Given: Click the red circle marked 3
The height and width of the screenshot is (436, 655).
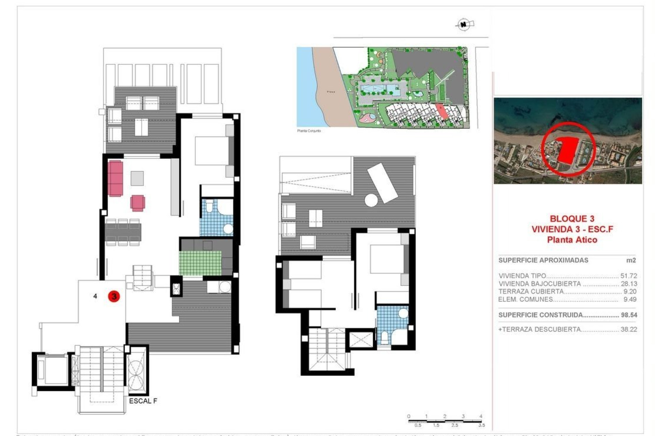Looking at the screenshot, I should (114, 296).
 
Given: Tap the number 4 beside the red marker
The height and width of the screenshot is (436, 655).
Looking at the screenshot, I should (95, 296).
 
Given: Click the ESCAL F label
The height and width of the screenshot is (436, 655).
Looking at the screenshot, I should (143, 401).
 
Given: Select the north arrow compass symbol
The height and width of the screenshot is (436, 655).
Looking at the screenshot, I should (464, 25).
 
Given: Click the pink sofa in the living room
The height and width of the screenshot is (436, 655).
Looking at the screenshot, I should (115, 178).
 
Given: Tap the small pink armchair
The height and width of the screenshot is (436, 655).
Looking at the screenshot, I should (137, 203).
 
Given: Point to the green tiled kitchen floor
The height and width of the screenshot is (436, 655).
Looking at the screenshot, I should (200, 263).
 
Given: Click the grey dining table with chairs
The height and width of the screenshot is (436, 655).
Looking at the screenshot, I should (123, 232).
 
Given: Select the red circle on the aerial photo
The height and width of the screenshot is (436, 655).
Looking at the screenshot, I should (568, 149).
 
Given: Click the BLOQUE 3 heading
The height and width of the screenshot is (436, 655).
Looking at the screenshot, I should (572, 219).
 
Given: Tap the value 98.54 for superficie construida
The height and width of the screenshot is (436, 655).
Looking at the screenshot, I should (629, 315).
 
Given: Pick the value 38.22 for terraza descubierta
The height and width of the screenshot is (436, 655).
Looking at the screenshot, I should (629, 329).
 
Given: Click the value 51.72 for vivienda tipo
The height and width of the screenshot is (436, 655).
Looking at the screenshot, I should (629, 276).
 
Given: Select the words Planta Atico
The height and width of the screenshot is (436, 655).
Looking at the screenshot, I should (572, 240).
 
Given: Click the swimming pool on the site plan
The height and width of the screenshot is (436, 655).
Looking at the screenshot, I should (381, 90).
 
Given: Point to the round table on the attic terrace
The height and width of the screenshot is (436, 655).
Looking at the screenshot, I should (371, 200).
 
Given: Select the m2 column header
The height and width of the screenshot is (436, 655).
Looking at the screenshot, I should (631, 260).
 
